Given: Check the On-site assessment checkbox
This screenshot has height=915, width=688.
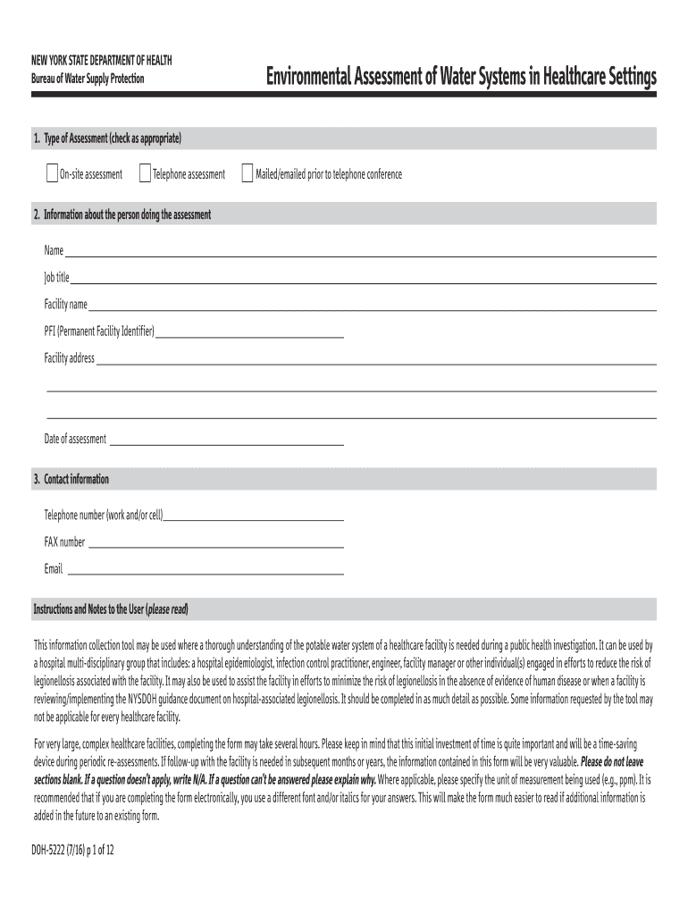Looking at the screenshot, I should click(52, 173).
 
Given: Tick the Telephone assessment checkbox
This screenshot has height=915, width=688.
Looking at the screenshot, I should click(145, 173).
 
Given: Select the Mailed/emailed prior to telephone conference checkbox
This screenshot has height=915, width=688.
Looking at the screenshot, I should click(248, 173).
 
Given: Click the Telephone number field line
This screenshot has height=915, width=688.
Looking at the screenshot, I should click(254, 517).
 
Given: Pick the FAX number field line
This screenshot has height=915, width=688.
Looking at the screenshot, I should click(215, 544).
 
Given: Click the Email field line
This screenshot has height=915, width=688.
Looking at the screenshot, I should click(205, 571).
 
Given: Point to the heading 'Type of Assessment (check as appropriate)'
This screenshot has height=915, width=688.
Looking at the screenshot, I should click(113, 139).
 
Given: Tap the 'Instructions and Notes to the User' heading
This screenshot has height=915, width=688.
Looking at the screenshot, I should click(111, 609).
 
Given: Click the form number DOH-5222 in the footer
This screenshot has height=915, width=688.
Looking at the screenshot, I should click(54, 852).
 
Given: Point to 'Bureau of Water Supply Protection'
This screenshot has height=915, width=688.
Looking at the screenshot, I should click(88, 80).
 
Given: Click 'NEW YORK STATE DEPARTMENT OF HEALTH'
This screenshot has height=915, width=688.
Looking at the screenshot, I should click(102, 60).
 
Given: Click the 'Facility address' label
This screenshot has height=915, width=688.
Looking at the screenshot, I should click(69, 358).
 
